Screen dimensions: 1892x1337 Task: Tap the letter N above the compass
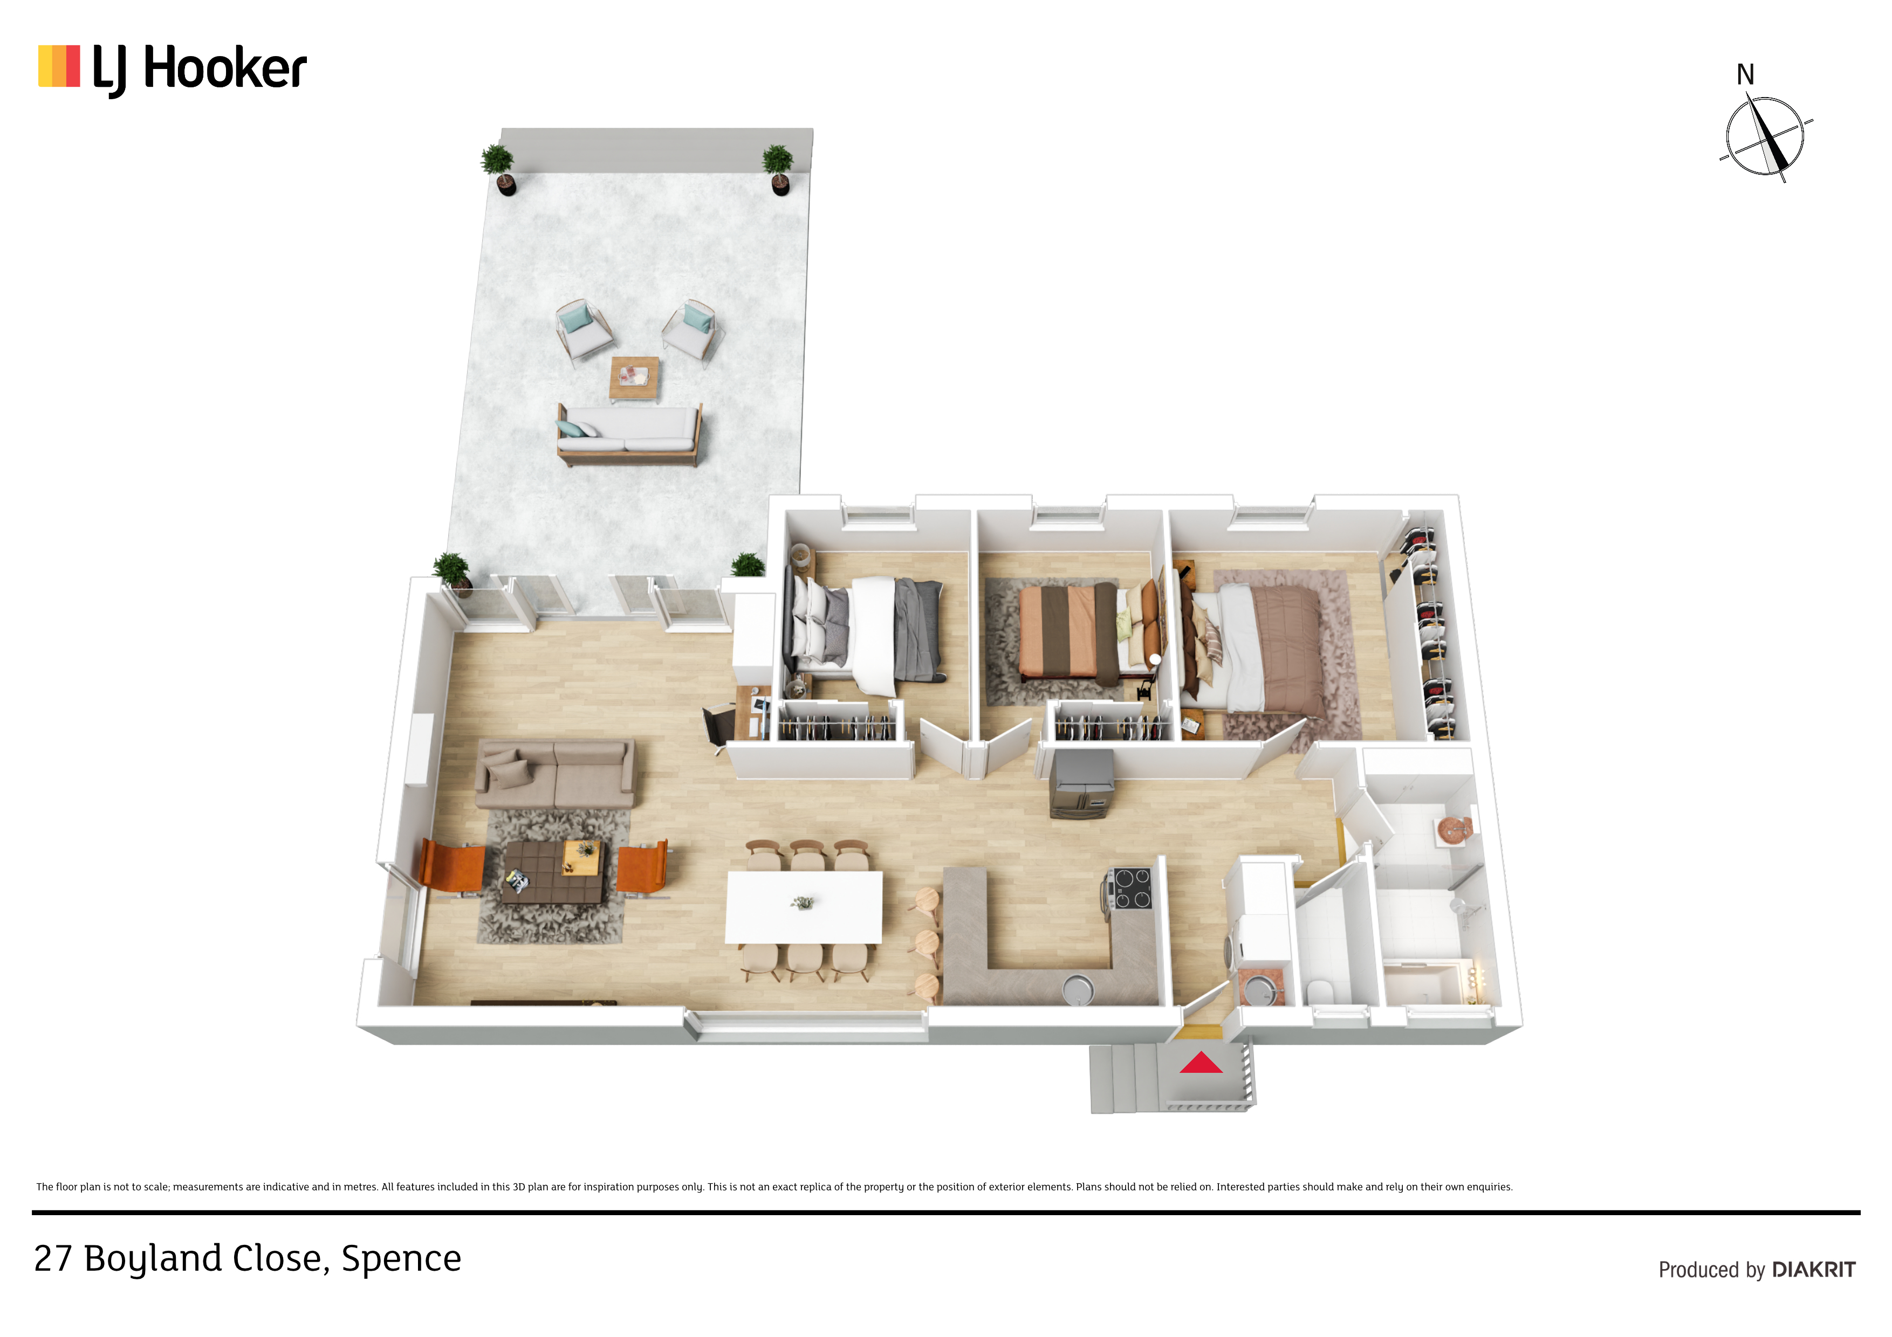(1745, 75)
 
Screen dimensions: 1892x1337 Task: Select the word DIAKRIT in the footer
(1814, 1270)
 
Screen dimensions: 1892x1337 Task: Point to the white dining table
(804, 907)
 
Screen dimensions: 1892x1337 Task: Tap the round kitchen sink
(1077, 987)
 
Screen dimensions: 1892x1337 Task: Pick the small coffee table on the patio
(634, 378)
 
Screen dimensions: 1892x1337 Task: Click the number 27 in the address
(53, 1259)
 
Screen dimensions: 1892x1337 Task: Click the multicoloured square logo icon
(59, 66)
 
